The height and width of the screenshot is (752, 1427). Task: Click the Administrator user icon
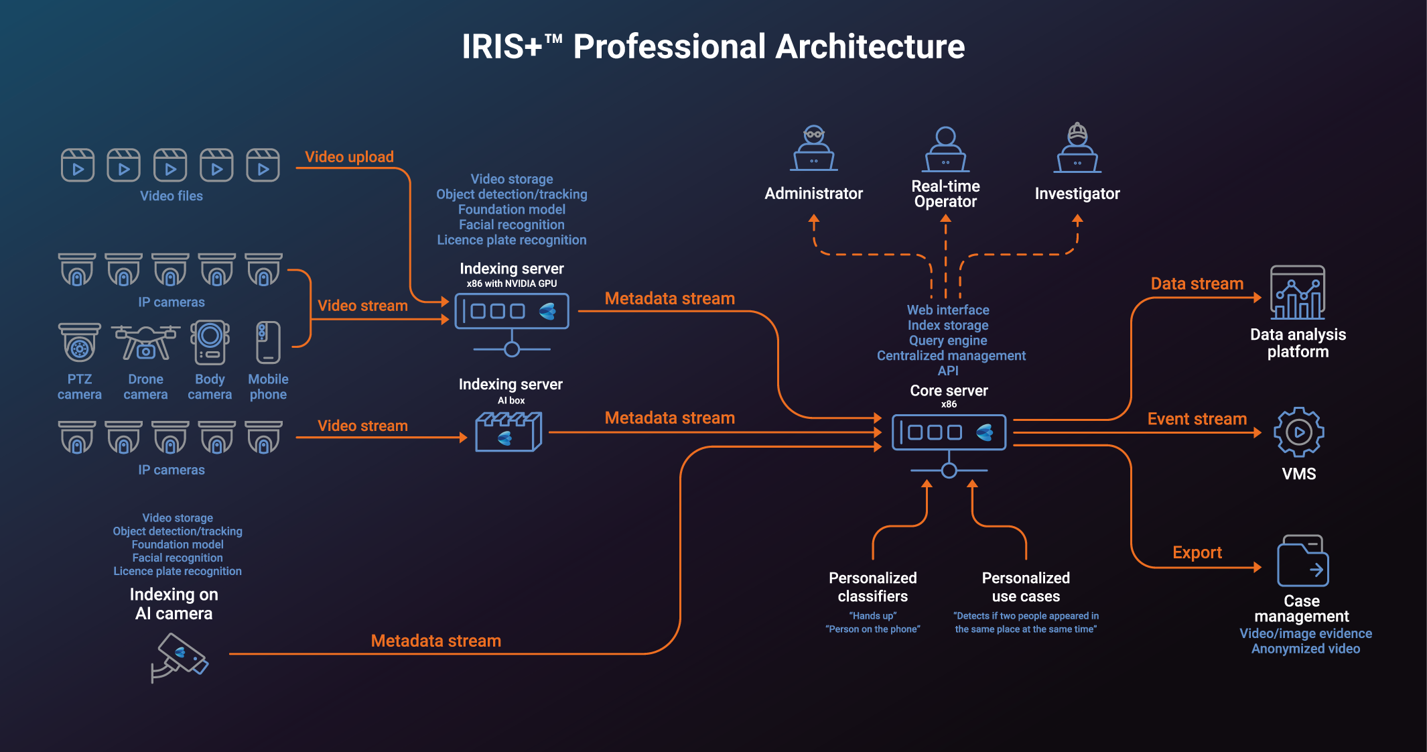tap(814, 148)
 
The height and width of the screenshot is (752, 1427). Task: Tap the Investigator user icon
tap(1077, 148)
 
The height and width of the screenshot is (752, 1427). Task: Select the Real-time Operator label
tap(945, 194)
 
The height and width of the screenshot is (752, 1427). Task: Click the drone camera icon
tap(145, 342)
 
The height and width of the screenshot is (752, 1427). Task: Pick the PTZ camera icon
tap(80, 342)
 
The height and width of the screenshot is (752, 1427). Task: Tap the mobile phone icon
tap(268, 342)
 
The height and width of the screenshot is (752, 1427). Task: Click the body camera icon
tap(210, 342)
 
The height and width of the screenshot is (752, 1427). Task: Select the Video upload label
tap(349, 157)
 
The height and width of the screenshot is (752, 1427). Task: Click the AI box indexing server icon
tap(508, 432)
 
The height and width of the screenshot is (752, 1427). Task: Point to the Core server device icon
tap(949, 432)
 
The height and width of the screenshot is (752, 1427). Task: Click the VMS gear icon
tap(1298, 432)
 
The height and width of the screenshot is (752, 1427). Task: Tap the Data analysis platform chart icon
tap(1298, 293)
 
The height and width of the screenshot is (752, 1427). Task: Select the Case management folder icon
tap(1302, 561)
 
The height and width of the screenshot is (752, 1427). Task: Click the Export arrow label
tap(1197, 553)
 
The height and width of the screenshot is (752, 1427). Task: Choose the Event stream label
tap(1197, 419)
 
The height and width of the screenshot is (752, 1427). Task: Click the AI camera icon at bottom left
tap(180, 657)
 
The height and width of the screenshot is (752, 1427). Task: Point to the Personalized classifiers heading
tap(872, 586)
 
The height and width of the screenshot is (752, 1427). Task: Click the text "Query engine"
tap(947, 340)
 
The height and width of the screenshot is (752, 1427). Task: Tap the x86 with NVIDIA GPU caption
tap(511, 284)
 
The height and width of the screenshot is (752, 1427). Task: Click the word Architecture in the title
tap(870, 47)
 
